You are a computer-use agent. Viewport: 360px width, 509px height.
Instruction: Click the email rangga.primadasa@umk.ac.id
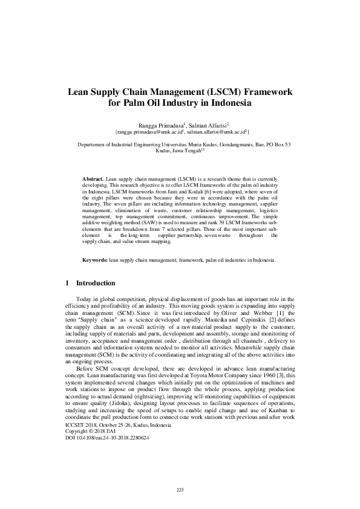point(148,131)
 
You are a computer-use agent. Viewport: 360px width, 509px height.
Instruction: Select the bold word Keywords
point(95,260)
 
